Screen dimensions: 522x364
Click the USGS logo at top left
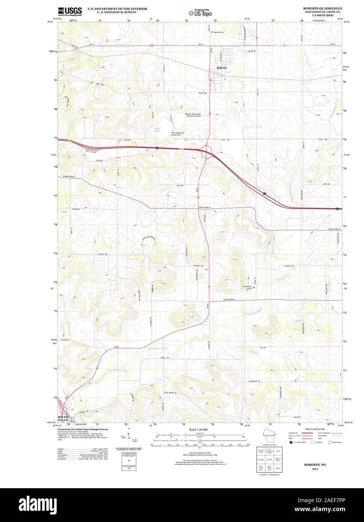[x=69, y=11]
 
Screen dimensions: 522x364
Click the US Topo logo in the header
[x=200, y=13]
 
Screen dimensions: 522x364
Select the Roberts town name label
[x=222, y=68]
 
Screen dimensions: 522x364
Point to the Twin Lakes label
[x=158, y=130]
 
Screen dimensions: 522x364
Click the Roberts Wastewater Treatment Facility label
[x=193, y=115]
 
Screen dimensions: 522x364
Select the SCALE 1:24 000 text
[x=198, y=429]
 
